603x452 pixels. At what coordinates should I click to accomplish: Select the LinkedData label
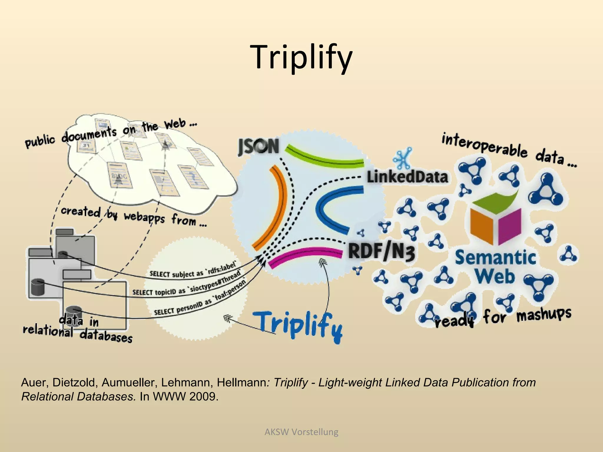407,177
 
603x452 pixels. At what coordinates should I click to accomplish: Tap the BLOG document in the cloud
119,176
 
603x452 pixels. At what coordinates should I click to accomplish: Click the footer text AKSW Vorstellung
301,432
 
